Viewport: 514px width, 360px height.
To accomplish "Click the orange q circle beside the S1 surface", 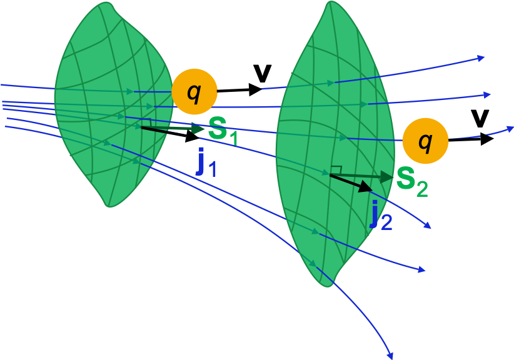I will click(194, 91).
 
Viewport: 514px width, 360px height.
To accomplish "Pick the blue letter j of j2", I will click(375, 214).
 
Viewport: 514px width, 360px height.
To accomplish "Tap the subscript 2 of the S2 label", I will click(422, 188).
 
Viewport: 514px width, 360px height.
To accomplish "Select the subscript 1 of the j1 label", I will click(213, 169).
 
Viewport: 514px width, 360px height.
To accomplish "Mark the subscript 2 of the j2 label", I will click(386, 222).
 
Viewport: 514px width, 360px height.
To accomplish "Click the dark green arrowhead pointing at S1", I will click(199, 129).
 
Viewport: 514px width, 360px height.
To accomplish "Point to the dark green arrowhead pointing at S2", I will click(387, 177).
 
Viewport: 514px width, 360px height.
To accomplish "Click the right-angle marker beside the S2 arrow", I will click(336, 170).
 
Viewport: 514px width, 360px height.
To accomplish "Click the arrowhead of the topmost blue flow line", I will click(481, 58).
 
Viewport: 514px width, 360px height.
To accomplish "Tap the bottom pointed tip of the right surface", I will click(327, 286).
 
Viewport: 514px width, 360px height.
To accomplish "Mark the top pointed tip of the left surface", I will click(100, 3).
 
